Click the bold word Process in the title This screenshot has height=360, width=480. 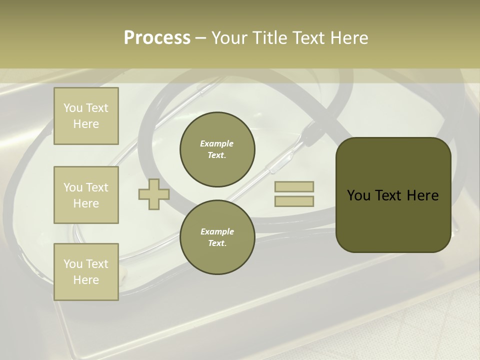click(157, 38)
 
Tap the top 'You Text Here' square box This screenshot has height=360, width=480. click(86, 116)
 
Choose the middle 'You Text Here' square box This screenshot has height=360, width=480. click(86, 195)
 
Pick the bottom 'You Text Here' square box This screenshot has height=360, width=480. click(86, 272)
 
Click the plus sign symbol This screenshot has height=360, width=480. click(153, 194)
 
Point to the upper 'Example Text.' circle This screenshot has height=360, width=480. click(217, 149)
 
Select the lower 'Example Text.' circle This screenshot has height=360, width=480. click(217, 237)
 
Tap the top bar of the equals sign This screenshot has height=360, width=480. click(294, 186)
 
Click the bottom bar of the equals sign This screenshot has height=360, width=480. click(294, 201)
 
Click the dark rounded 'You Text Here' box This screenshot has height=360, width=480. click(393, 195)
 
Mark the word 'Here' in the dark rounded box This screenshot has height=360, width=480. click(422, 195)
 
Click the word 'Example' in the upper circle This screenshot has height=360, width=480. click(217, 143)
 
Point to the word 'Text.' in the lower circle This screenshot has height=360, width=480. click(217, 243)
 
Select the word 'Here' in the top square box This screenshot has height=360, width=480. click(86, 124)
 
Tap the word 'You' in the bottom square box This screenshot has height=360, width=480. click(73, 263)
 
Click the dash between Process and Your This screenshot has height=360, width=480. click(200, 38)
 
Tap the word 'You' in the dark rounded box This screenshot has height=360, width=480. click(358, 195)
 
